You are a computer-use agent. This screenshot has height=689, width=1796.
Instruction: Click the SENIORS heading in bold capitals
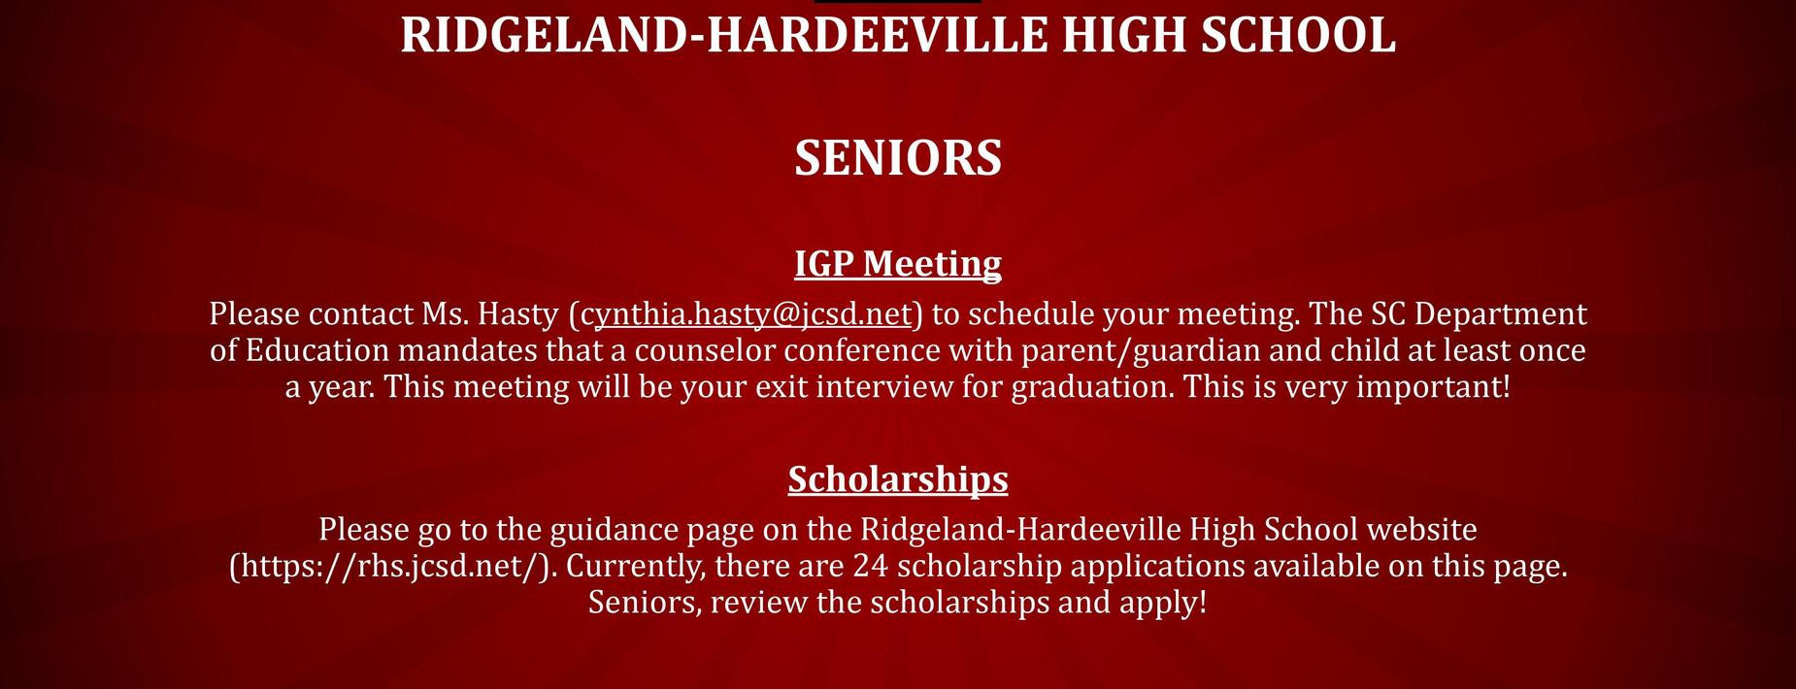coord(898,158)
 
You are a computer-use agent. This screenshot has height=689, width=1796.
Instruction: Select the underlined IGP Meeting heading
coord(898,264)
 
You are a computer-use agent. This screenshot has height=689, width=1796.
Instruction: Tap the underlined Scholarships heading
coord(898,479)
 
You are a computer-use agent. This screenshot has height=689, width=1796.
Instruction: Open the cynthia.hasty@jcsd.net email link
coord(746,314)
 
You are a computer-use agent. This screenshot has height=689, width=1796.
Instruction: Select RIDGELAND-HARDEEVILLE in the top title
coord(724,34)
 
